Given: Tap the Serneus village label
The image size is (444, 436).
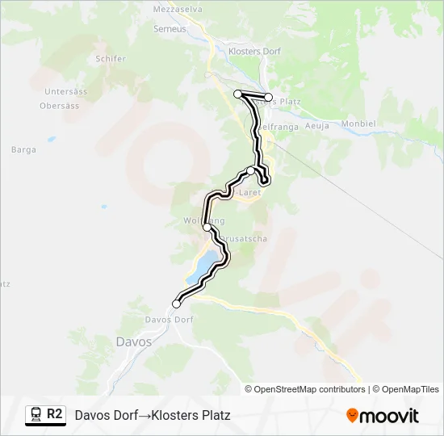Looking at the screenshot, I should coord(170,28).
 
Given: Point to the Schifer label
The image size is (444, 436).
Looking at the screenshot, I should coord(111,59).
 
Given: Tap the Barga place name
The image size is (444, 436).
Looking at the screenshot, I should coord(23,149).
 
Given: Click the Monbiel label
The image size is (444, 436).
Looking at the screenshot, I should coord(359,124).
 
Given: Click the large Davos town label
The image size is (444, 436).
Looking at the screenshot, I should coord(133,342).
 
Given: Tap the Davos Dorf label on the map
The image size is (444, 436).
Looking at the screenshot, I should coord(169,320).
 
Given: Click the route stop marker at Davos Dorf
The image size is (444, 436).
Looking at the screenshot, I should coord(176,304).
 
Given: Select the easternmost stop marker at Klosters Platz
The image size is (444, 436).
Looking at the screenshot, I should coord(269,98).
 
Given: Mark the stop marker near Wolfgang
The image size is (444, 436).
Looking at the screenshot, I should coord(207,228).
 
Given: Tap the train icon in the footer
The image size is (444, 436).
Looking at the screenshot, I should coord(36,415).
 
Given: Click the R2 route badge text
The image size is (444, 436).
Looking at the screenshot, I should coord(55,414).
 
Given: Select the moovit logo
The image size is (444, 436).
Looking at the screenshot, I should coord(383,416).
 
